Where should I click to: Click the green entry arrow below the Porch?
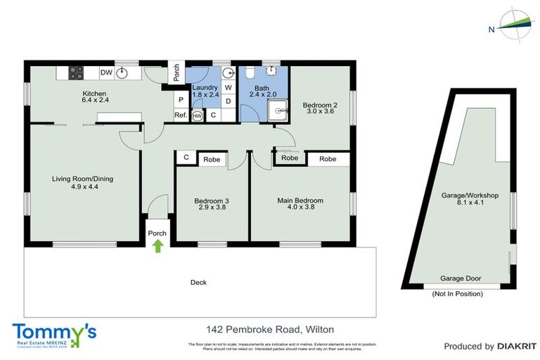click(x=157, y=245)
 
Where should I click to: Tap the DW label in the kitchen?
click(x=106, y=72)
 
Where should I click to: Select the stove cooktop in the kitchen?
click(x=76, y=72)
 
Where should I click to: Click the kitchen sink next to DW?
click(x=124, y=72)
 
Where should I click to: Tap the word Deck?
click(x=198, y=283)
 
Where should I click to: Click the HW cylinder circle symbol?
click(x=198, y=115)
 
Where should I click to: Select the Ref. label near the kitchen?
click(x=179, y=115)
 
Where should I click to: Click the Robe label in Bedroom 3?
click(x=212, y=160)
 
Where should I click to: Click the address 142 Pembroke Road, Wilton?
click(x=270, y=329)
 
